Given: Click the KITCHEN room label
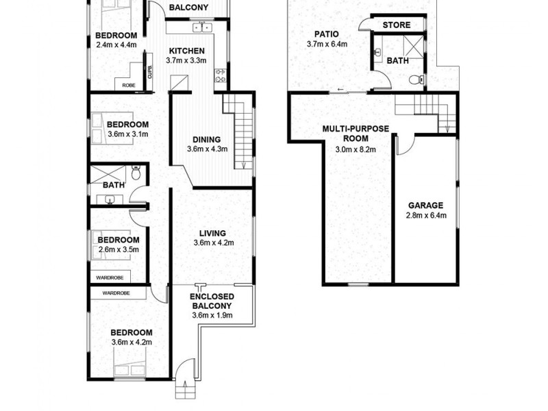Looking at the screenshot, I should click(x=186, y=51).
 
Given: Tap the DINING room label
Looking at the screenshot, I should click(x=207, y=138).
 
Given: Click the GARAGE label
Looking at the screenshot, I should click(x=426, y=205).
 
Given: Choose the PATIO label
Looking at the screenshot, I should click(x=327, y=34).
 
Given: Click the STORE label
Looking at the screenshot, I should click(x=396, y=25).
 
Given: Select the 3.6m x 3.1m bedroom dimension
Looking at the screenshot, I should click(x=128, y=134).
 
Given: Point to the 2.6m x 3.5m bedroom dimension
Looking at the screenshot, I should click(x=118, y=250).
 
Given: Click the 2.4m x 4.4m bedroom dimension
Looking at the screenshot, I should click(x=116, y=46).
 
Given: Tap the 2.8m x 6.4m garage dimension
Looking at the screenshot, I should click(x=426, y=216).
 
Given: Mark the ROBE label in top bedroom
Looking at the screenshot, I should click(x=128, y=85).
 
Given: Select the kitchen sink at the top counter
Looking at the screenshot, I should click(x=203, y=27).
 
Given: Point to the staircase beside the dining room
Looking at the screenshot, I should click(x=240, y=134).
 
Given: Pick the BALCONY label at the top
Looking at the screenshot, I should click(x=188, y=8).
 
